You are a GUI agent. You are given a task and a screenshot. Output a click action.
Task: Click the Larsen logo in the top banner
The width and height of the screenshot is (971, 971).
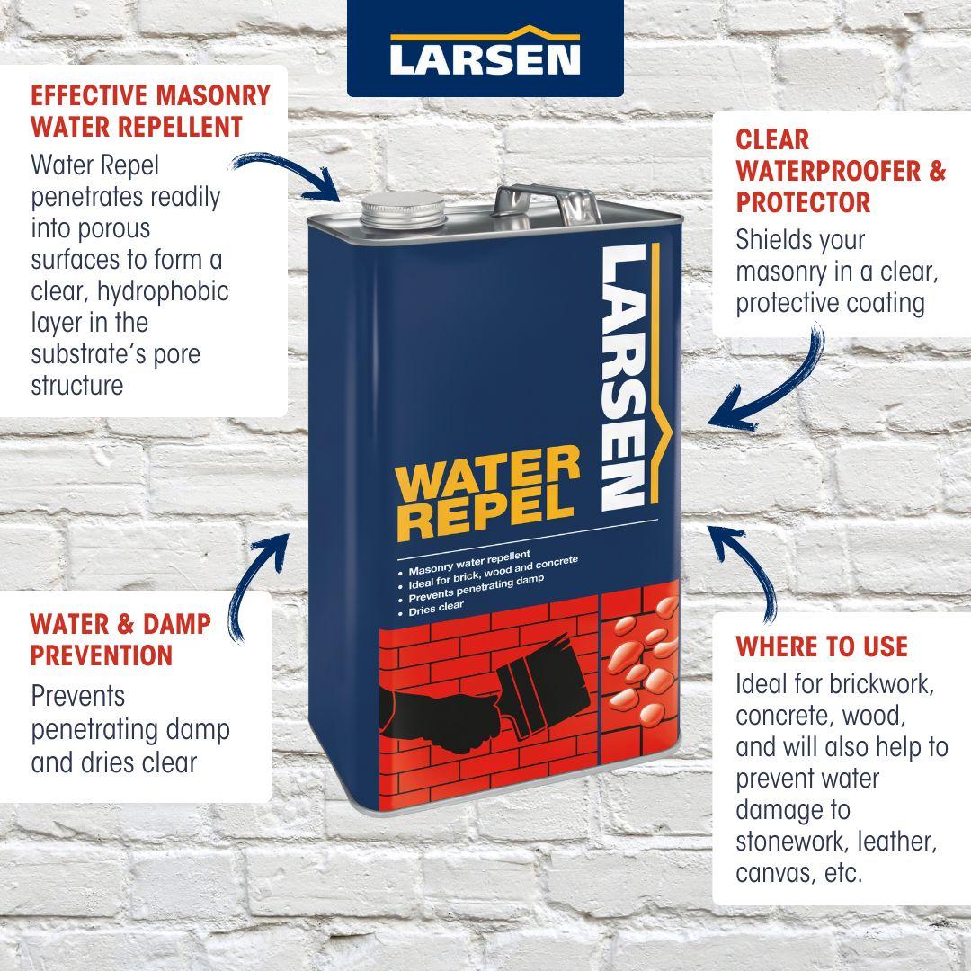click(x=485, y=53)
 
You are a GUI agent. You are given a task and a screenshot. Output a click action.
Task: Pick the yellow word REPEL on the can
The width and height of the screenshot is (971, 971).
click(x=485, y=515)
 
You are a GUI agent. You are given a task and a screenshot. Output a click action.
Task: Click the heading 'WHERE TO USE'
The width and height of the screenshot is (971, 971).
click(x=822, y=646)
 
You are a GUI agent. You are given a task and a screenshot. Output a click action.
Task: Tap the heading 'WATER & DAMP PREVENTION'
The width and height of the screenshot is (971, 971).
click(x=120, y=639)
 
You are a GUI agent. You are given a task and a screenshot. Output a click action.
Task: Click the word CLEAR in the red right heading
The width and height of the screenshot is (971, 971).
click(x=772, y=140)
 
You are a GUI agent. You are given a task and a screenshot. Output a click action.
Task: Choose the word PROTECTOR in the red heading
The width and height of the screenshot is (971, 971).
click(x=803, y=202)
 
